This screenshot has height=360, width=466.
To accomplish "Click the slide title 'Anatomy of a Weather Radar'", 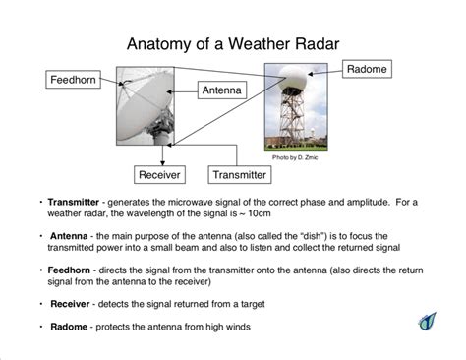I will pos(233,45).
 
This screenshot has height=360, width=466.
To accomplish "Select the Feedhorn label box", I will pos(75,78).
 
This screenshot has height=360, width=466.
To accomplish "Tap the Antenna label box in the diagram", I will pos(221,90).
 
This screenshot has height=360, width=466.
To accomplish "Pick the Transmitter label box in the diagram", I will pos(240,174).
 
